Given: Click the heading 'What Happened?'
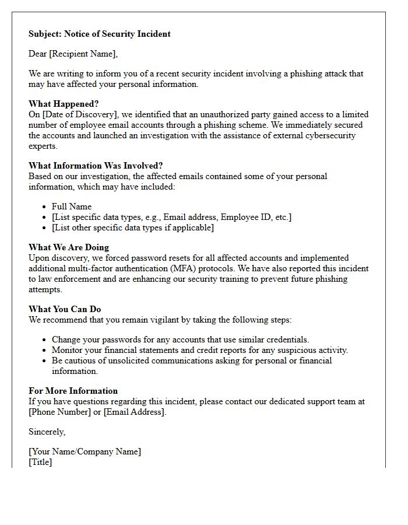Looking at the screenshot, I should (x=64, y=104).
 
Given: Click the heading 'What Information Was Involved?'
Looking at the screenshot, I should (x=96, y=166).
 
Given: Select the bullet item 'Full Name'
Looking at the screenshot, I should (x=72, y=206).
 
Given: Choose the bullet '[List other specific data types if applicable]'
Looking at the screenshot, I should (x=132, y=228).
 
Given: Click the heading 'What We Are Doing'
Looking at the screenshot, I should (x=69, y=247).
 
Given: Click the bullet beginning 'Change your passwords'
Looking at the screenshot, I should (x=180, y=339).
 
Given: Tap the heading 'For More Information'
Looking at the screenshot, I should (x=73, y=391).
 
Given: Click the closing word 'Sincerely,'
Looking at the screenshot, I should (x=47, y=432).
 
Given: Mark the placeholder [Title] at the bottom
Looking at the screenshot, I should (x=40, y=462).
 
